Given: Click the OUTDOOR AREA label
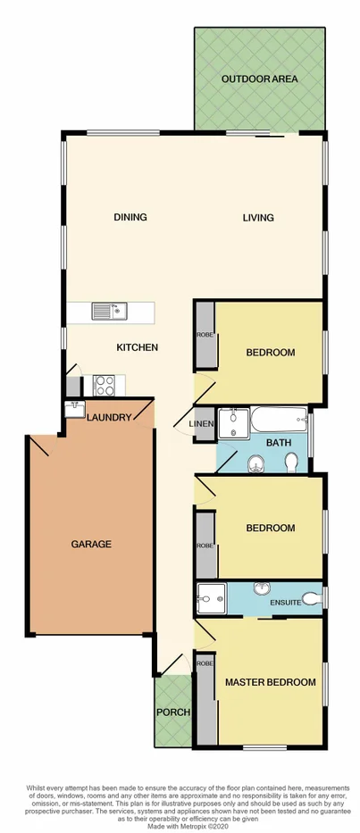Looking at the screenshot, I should point(260,79).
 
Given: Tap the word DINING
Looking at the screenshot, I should point(130,217).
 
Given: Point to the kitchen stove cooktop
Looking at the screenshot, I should point(104,385).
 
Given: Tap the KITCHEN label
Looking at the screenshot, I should point(138,347).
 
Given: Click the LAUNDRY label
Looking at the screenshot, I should point(110,418).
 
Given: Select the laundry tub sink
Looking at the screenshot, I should point(74,411).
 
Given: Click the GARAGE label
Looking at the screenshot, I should point(92,544).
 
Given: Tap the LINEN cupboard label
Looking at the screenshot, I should point(200,423).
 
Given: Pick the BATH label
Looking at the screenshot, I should point(272,442).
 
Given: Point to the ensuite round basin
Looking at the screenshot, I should point(261,590).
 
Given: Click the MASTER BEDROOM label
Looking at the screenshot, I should point(270,682).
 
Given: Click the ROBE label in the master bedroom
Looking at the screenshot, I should point(205,663).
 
